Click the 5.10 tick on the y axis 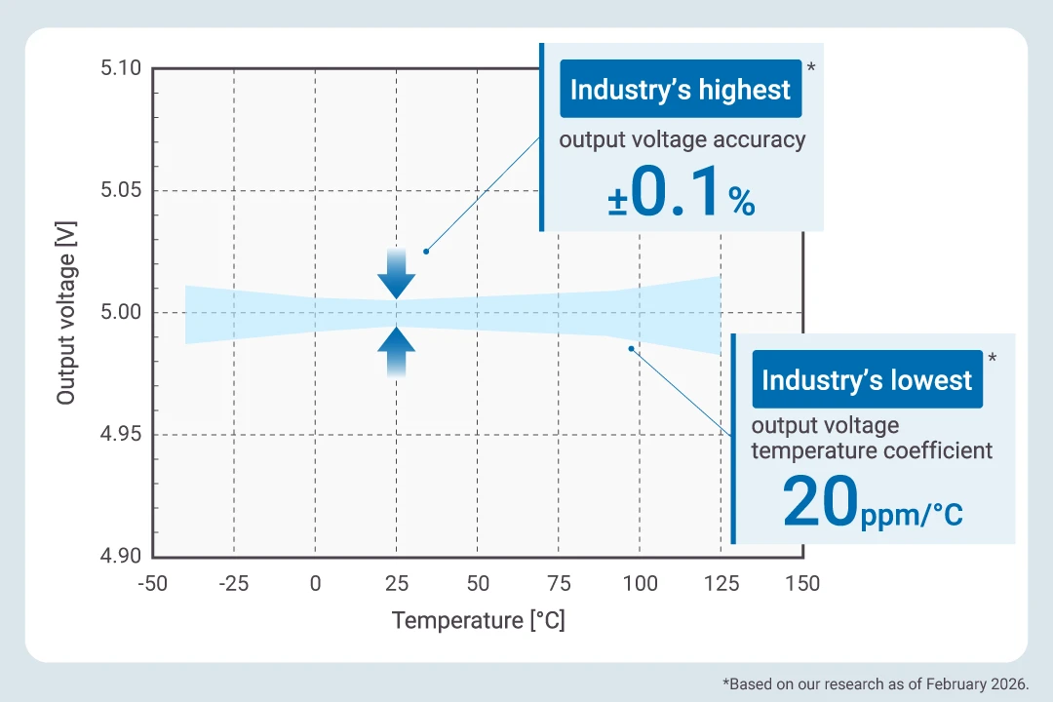[121, 69]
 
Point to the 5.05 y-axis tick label [121, 190]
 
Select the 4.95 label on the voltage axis [121, 434]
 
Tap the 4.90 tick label [121, 556]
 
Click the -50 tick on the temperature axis [153, 584]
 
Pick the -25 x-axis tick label [233, 584]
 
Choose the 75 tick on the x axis [559, 584]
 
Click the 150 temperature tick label [802, 584]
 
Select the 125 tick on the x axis [721, 584]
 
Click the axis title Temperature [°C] [478, 620]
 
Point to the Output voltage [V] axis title [65, 312]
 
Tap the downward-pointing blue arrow [397, 274]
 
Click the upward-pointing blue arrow [397, 351]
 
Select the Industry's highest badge [681, 91]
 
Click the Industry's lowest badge [867, 379]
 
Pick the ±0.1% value [682, 194]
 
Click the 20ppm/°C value [872, 503]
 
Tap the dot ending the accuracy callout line [426, 251]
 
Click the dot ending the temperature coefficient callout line [631, 348]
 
